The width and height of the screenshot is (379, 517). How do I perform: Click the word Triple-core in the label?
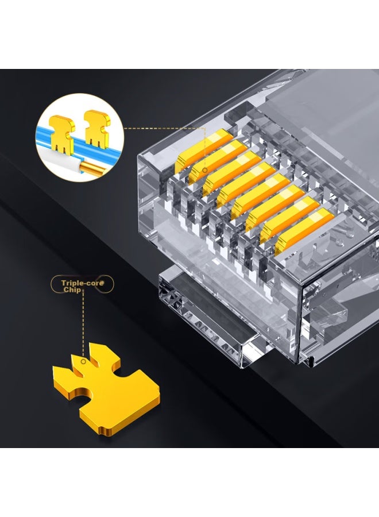coord(83,283)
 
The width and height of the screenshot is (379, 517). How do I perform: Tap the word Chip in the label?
coord(72,290)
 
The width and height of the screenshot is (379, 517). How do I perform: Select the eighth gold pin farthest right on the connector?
coord(304,231)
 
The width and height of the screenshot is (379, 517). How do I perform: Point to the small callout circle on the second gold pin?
coord(205,170)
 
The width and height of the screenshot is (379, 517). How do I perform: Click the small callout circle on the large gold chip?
coord(83,362)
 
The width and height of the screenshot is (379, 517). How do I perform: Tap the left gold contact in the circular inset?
coord(62,133)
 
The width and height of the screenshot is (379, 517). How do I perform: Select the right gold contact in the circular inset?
coord(97,128)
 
